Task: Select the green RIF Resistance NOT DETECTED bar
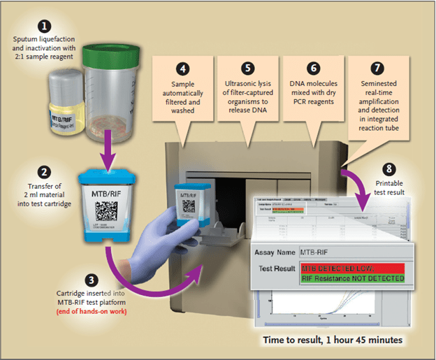[352, 278]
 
